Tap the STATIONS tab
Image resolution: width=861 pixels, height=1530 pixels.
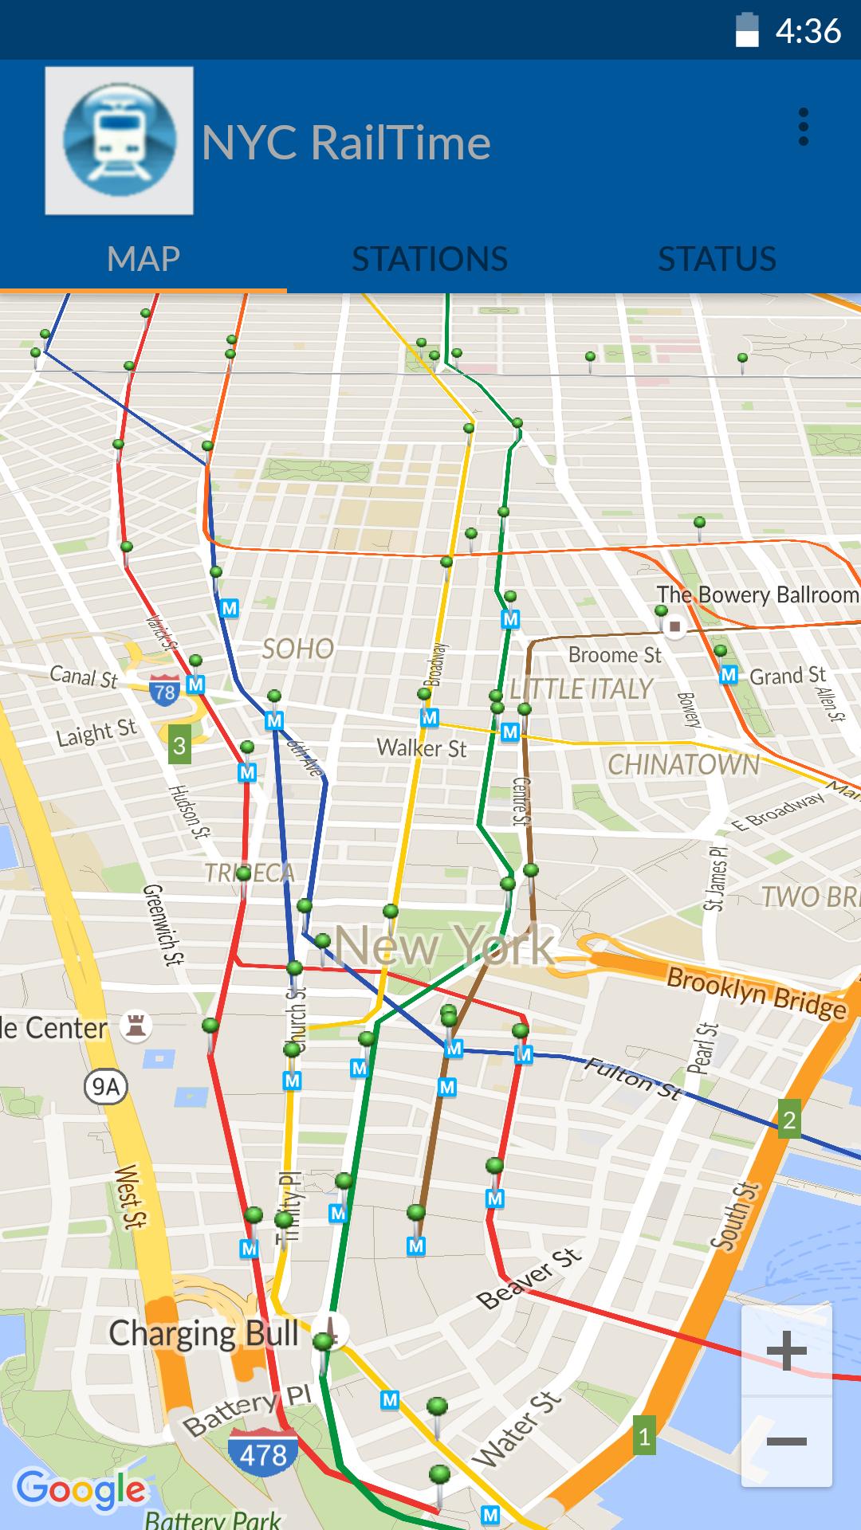[x=430, y=259]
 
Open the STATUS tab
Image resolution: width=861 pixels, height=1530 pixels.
[x=717, y=259]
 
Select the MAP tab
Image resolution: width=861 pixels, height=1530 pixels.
[x=143, y=259]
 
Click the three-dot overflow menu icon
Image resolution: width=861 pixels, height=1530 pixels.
[x=803, y=127]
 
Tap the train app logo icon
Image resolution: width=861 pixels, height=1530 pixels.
[x=119, y=141]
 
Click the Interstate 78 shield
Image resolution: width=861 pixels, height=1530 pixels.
[x=164, y=691]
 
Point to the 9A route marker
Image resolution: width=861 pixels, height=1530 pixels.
[x=105, y=1087]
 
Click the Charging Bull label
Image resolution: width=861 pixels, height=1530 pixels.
[x=204, y=1334]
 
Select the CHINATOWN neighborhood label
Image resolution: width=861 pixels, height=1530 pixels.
[x=683, y=765]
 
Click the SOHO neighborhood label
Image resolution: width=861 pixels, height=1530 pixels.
[x=298, y=649]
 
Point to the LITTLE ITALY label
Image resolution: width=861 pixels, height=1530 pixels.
[x=582, y=689]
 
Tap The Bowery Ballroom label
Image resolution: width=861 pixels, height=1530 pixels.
[x=757, y=595]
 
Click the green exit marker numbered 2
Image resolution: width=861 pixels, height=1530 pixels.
[x=788, y=1120]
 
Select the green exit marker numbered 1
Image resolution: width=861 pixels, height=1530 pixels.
[x=644, y=1438]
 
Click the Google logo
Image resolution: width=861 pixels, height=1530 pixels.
[x=81, y=1489]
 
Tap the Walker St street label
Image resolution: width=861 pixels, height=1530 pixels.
[x=422, y=748]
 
